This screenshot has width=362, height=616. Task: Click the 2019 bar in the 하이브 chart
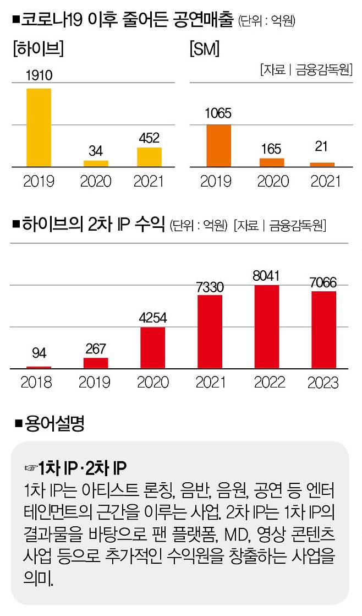[x=39, y=127]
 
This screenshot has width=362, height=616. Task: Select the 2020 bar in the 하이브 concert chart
[x=96, y=163]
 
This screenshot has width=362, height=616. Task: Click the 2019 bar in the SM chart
[x=218, y=145]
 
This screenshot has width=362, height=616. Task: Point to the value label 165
[x=271, y=149]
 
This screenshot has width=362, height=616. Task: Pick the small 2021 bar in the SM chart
[x=322, y=164]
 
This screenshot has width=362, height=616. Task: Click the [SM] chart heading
[x=204, y=50]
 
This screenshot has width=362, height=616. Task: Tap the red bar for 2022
[x=266, y=326]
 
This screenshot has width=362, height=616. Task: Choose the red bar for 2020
[x=152, y=348]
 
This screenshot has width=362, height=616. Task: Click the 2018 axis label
[x=36, y=382]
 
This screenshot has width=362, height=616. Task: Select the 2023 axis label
[x=323, y=382]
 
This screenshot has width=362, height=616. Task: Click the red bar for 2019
[x=96, y=363]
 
